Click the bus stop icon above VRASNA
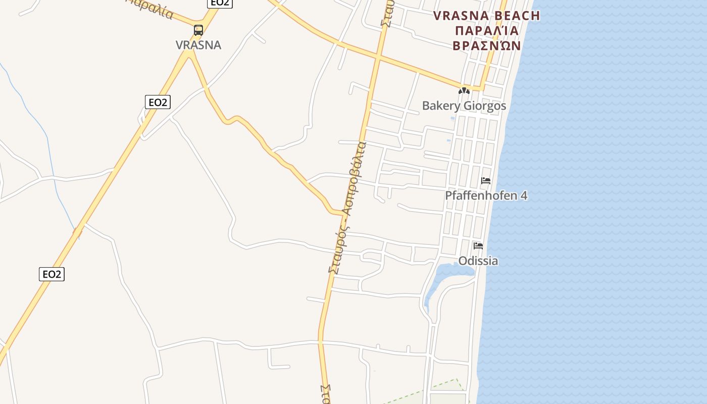click(x=198, y=30)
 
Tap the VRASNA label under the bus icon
click(x=198, y=45)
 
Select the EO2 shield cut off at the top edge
click(x=220, y=3)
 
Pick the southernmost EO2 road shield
click(x=52, y=274)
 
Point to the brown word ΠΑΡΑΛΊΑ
click(x=486, y=30)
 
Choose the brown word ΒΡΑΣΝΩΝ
click(x=486, y=45)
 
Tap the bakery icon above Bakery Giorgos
click(x=464, y=91)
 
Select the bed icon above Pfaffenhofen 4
click(x=486, y=180)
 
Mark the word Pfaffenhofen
click(x=480, y=195)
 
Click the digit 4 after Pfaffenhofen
click(x=524, y=195)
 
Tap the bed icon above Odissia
click(x=478, y=246)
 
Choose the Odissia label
click(x=478, y=261)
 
